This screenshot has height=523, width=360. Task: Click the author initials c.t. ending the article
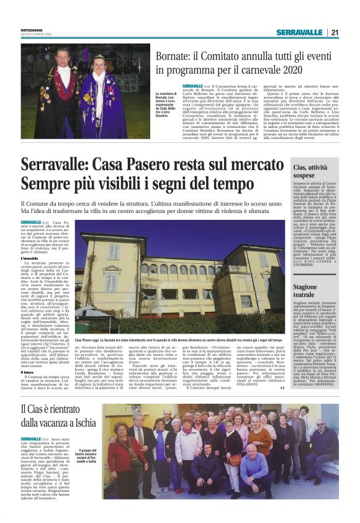point(281,388)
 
